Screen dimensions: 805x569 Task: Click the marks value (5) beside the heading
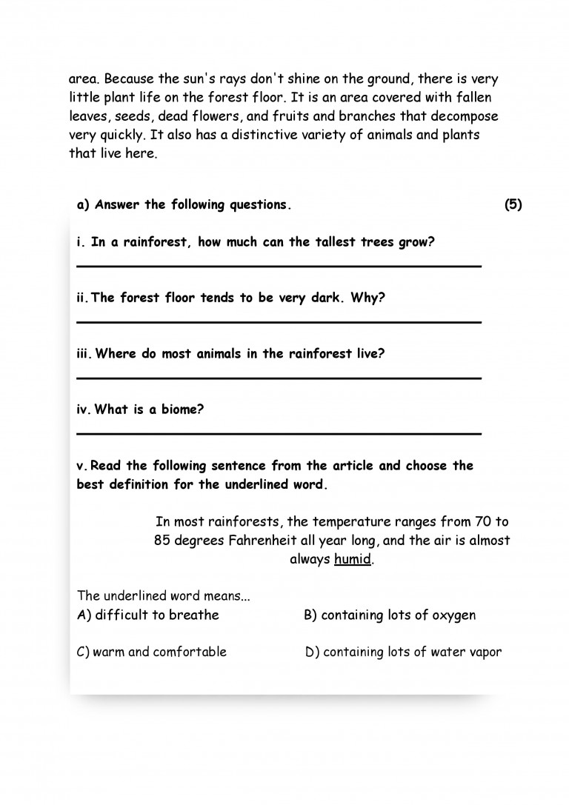pos(513,205)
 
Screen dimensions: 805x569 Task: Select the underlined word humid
pos(352,559)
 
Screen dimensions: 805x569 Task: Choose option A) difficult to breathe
pos(148,615)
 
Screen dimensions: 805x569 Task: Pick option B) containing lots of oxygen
pos(390,615)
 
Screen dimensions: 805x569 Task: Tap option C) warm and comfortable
pos(152,652)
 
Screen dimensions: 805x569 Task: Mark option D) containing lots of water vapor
pos(403,652)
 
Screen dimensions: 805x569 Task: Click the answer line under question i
pos(279,266)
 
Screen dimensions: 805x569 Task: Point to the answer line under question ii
pos(279,322)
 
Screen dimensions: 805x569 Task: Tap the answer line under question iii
pos(279,378)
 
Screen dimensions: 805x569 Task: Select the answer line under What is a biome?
pos(279,433)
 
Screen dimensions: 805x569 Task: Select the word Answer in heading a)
pos(118,205)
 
